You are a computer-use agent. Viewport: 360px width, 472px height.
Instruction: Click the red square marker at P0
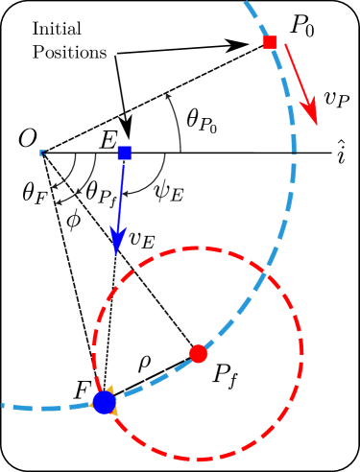coord(270,42)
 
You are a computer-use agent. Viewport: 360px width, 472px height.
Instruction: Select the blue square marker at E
coord(124,153)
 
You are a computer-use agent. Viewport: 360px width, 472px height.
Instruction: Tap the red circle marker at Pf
coord(199,353)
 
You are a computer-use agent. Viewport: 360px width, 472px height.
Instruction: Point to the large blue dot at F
coord(104,403)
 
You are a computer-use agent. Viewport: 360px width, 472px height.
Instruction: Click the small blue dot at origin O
coord(41,153)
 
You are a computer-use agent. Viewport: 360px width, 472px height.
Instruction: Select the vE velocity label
coord(142,241)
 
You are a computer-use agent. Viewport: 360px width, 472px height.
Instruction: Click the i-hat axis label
coord(342,151)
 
